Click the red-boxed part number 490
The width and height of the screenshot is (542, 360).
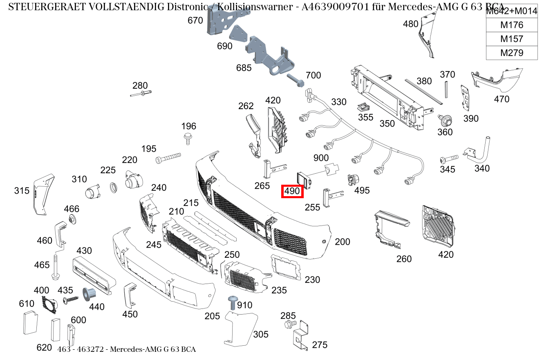tap(292, 191)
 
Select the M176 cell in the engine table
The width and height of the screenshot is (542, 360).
tap(511, 25)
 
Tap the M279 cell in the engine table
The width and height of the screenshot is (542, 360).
tap(511, 53)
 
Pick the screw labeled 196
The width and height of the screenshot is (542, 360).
tap(188, 138)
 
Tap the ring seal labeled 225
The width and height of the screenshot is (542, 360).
tap(114, 188)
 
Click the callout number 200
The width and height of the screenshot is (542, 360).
tap(342, 242)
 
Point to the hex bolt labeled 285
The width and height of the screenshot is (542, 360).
tap(290, 324)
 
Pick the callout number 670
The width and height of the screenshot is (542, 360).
tap(195, 20)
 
